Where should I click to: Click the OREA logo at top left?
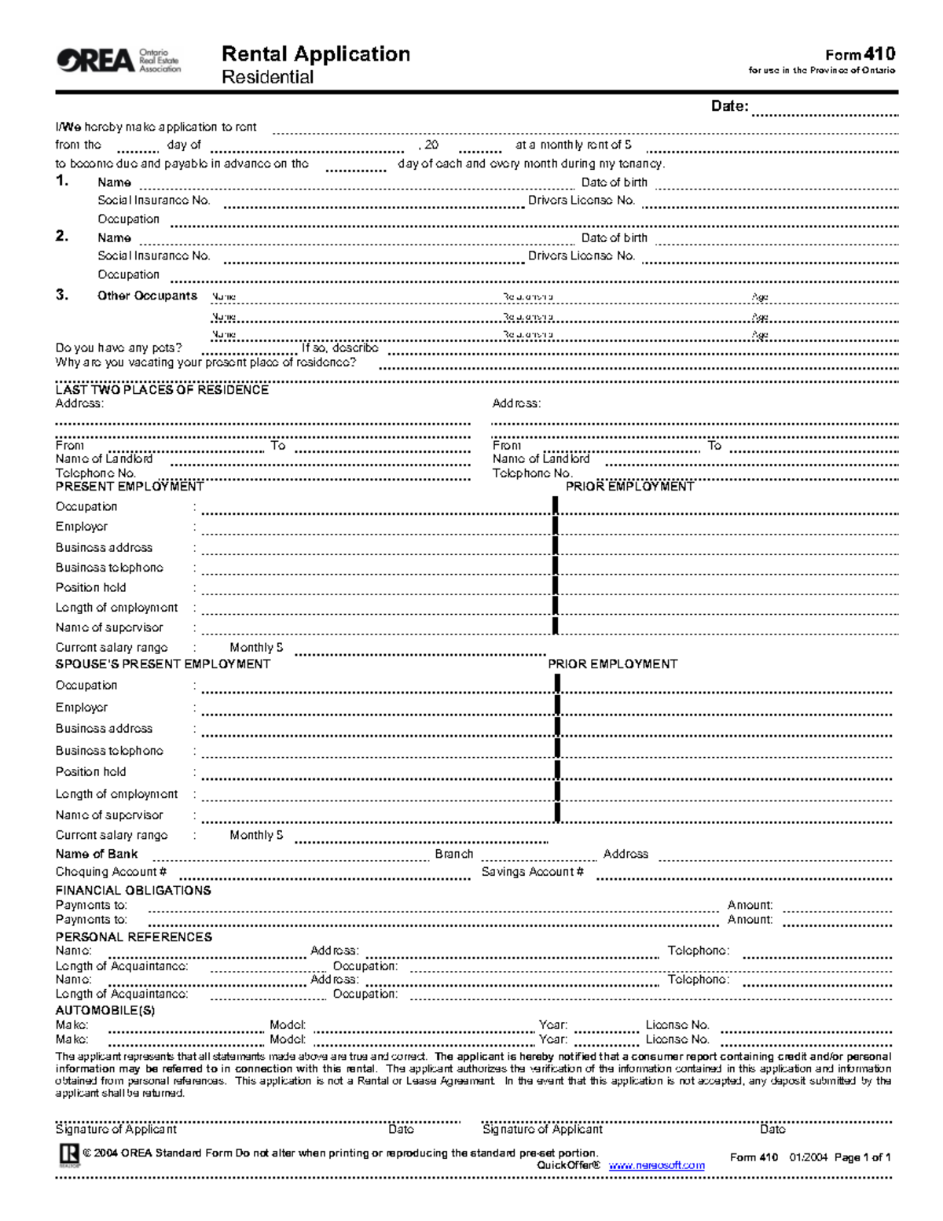click(x=118, y=60)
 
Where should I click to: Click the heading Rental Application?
click(x=315, y=53)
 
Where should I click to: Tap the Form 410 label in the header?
click(x=860, y=54)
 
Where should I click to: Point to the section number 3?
click(x=62, y=296)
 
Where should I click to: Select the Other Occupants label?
click(x=147, y=296)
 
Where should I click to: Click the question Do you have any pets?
click(x=119, y=348)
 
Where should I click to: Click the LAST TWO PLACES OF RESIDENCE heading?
click(x=162, y=390)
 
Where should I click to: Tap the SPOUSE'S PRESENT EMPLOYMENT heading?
click(x=163, y=664)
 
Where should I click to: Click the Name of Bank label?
click(x=97, y=854)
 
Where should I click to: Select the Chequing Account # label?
click(x=111, y=872)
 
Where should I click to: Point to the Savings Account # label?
click(x=532, y=872)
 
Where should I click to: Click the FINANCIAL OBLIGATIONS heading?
click(x=133, y=891)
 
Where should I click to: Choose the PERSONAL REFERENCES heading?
click(x=134, y=937)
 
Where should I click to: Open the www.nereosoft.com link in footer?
click(x=656, y=1166)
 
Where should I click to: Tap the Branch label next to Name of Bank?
click(x=454, y=854)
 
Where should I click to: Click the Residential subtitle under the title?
click(x=267, y=77)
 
